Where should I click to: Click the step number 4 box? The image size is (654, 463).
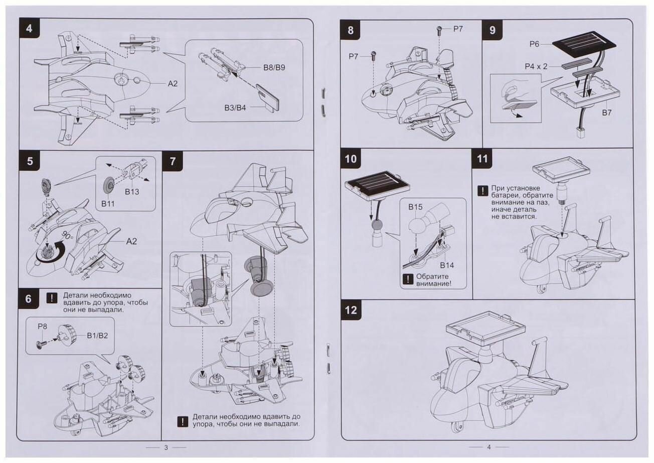pos(29,29)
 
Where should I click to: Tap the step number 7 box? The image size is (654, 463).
pos(173,161)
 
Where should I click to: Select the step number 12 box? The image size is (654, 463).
pos(351,310)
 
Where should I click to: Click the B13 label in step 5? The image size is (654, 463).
pos(132,192)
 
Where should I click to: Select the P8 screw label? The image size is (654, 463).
pos(42,326)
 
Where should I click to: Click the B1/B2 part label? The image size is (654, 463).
pos(97,335)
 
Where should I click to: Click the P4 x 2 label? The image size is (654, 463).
pos(536,65)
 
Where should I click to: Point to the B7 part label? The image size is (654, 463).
pos(606,112)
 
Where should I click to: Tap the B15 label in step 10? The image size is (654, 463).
pos(415,207)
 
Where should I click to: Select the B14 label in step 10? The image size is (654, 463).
pos(447,265)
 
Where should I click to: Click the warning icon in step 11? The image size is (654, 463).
pos(482,191)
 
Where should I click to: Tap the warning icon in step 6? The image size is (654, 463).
pos(52,298)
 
